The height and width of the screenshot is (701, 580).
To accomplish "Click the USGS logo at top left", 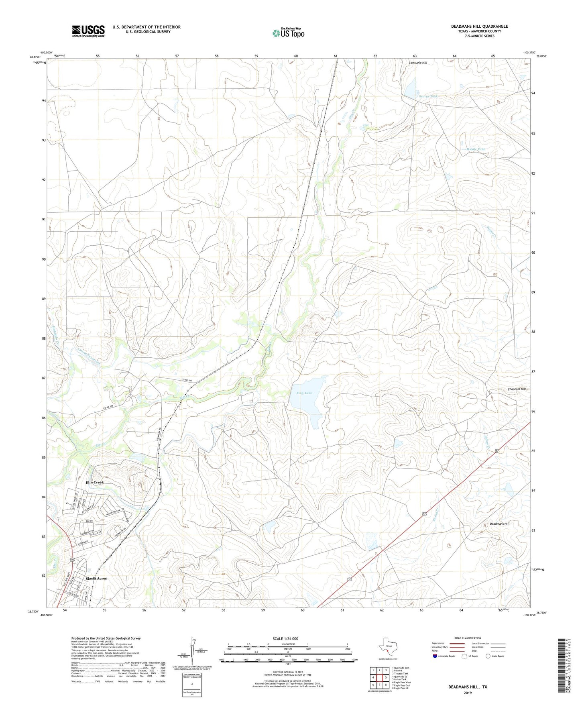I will (x=88, y=31).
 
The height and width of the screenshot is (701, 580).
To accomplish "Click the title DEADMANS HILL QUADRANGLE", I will (x=479, y=26).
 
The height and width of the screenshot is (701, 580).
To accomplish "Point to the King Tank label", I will (x=304, y=393).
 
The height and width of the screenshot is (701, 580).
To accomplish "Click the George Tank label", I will (x=428, y=96).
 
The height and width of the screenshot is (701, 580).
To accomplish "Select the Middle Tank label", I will (x=476, y=149).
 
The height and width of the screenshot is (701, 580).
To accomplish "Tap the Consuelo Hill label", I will (x=418, y=63).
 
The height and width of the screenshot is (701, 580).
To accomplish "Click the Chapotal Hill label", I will (x=517, y=389).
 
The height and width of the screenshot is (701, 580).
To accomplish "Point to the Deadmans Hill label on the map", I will (x=499, y=524).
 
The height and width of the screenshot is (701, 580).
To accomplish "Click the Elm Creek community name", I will (x=95, y=482).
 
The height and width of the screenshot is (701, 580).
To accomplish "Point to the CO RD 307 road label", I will (x=110, y=408).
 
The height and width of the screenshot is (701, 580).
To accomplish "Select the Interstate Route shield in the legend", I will (x=435, y=656).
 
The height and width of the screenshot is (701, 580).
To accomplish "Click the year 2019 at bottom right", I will (x=468, y=693).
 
